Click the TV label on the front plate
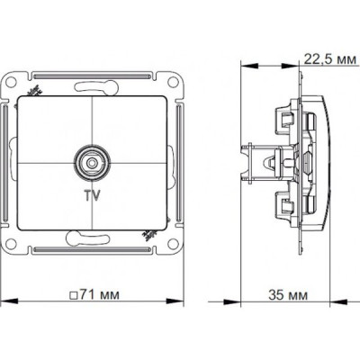coord(93,195)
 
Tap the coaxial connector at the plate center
coord(92,162)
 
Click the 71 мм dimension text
coord(98,294)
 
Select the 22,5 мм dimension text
coord(330,59)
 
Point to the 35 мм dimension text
coord(288,295)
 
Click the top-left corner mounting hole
coord(11,82)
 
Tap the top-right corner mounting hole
coord(173,82)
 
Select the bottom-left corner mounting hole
coord(11,243)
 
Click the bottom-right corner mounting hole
coord(173,243)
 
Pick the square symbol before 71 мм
coord(73,295)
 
